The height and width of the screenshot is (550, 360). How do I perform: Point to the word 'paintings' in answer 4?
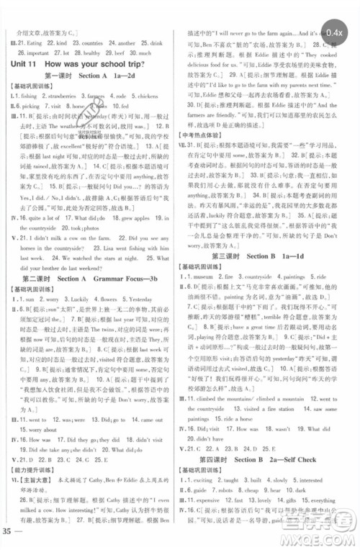pos(309,276)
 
